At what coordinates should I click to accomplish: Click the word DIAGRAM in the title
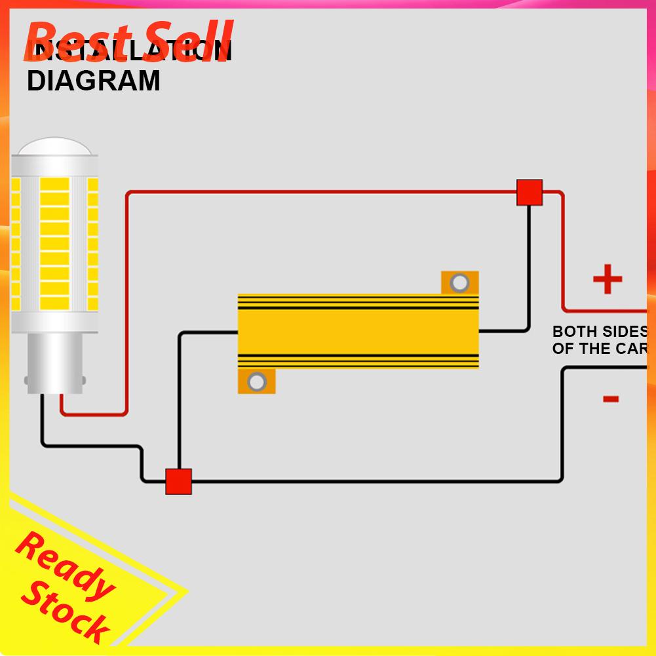tap(93, 81)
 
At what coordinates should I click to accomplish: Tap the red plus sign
tap(608, 280)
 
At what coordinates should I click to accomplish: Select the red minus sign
tap(611, 398)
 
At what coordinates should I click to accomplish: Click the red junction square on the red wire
tap(530, 193)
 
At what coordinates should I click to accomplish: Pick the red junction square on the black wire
tap(178, 482)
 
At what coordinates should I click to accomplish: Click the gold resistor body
tap(358, 332)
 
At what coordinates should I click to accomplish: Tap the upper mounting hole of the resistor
tap(460, 282)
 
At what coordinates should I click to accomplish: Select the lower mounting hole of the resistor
tap(257, 381)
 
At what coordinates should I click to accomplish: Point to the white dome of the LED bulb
tap(56, 148)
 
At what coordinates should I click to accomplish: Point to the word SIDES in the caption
tap(625, 332)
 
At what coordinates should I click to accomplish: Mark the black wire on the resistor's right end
tap(505, 331)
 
